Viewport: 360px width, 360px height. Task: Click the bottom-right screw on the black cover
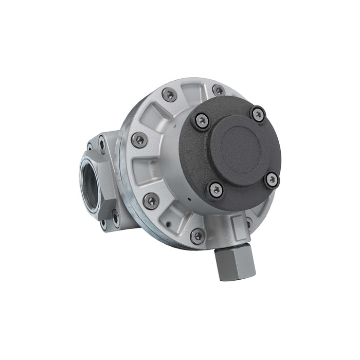coord(272,179)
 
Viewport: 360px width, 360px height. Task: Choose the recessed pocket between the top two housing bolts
coord(193,96)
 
